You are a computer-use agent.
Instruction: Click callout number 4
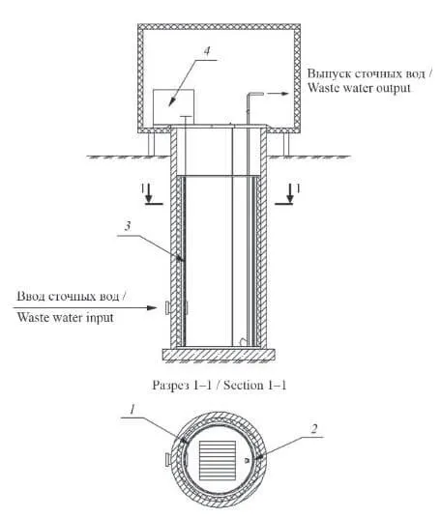[207, 51]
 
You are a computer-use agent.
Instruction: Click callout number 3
[128, 226]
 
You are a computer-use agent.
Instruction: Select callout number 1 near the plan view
[132, 410]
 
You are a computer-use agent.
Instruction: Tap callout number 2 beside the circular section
[314, 429]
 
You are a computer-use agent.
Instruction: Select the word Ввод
[31, 296]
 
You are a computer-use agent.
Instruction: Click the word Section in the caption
[243, 386]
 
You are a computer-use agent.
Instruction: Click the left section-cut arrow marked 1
[149, 193]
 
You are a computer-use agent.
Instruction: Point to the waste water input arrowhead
[152, 308]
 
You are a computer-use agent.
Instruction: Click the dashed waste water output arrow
[278, 94]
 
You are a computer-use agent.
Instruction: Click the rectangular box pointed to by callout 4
[173, 106]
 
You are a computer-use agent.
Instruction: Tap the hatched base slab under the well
[219, 355]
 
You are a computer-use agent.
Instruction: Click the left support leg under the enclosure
[152, 144]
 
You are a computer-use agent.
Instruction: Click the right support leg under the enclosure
[286, 144]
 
